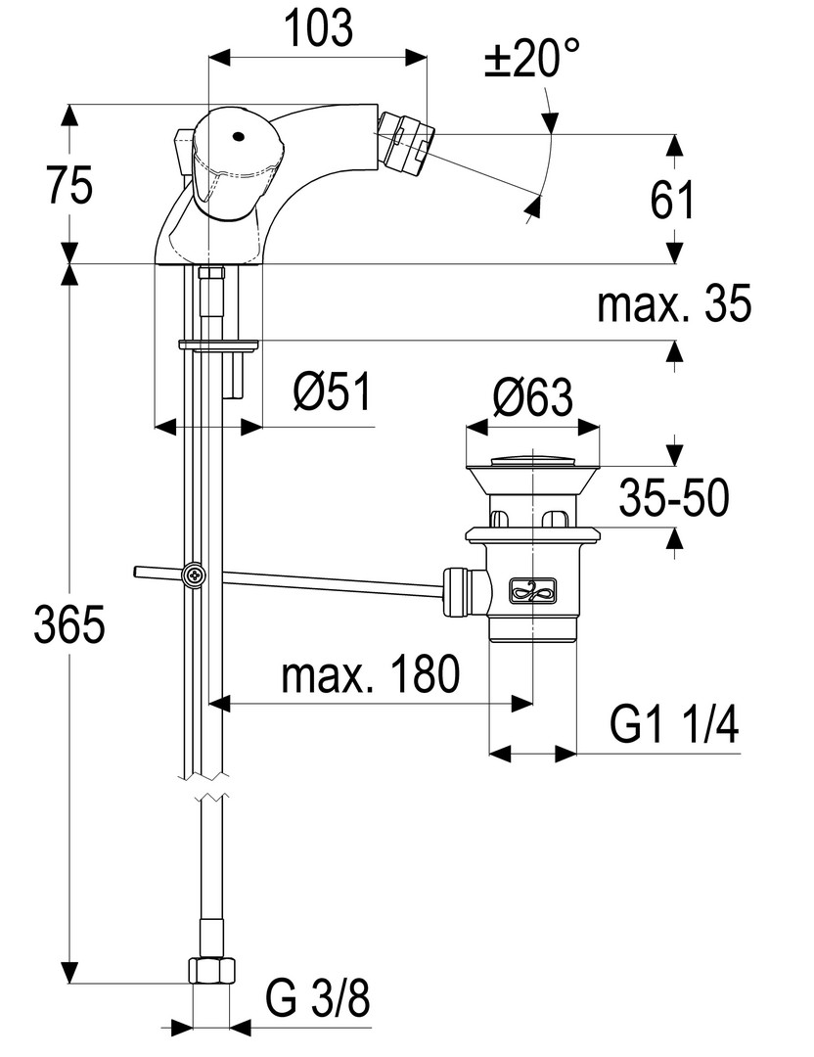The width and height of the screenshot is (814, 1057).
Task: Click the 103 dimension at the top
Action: tap(319, 29)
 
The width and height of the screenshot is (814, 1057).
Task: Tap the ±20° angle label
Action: tap(530, 62)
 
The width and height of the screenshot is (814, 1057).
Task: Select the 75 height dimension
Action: tap(68, 185)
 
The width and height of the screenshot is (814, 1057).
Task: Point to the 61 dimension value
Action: tap(672, 200)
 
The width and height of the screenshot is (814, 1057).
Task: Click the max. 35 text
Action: tap(675, 305)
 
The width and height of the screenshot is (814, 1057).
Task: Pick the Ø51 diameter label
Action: tap(332, 394)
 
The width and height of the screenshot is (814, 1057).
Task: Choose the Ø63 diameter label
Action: tap(532, 397)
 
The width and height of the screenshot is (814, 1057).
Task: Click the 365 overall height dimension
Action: tap(68, 624)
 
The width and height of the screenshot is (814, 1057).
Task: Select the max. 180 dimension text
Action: tap(370, 674)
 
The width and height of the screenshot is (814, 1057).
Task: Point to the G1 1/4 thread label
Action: tap(674, 726)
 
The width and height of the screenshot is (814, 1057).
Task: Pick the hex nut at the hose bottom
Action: tap(211, 969)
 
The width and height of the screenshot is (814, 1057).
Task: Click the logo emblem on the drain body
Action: tap(532, 589)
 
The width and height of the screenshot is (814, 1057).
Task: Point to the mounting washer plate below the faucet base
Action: tap(217, 344)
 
